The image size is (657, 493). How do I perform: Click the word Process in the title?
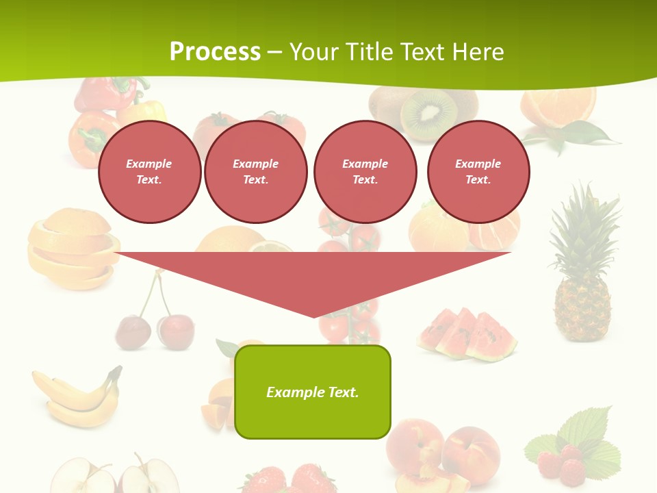[x=215, y=52]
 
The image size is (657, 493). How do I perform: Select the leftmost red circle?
[x=149, y=172]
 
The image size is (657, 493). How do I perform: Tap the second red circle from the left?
[x=255, y=172]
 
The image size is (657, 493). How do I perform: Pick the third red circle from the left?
[x=365, y=172]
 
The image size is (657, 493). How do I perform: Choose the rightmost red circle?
[x=478, y=172]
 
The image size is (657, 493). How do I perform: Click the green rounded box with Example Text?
[x=313, y=392]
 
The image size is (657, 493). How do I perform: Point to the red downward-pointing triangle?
[x=313, y=277]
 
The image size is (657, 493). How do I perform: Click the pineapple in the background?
[x=582, y=301]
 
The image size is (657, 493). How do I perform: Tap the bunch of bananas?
[x=75, y=397]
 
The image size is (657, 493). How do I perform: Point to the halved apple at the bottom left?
[x=116, y=476]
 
